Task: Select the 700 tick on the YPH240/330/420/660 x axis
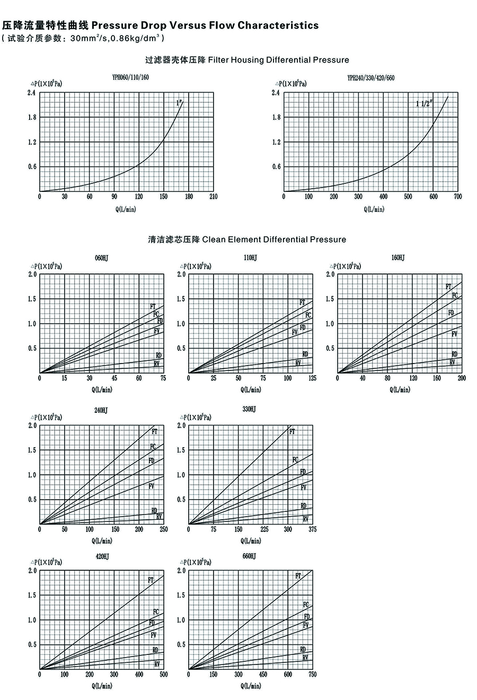click(458, 197)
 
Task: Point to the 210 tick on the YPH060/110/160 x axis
click(213, 197)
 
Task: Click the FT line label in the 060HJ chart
click(153, 306)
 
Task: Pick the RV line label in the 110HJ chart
click(298, 364)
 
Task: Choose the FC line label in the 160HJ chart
click(455, 295)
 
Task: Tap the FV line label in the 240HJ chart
click(152, 486)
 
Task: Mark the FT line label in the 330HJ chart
click(292, 432)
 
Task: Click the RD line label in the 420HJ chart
click(155, 650)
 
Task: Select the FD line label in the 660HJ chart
click(307, 617)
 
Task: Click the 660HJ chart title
click(249, 556)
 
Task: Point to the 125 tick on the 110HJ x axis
click(312, 378)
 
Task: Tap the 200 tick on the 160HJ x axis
click(462, 378)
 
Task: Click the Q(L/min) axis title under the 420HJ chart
click(102, 686)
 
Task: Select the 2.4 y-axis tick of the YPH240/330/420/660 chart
click(276, 93)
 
